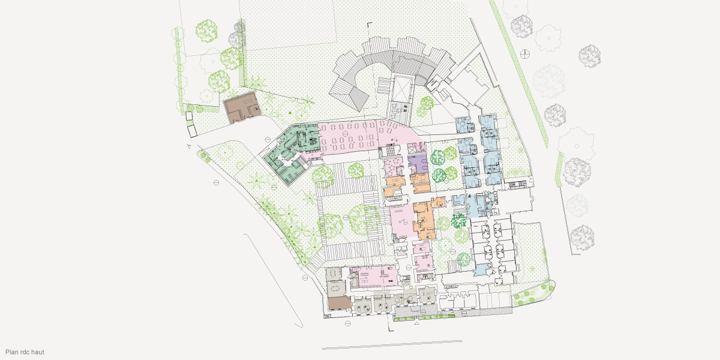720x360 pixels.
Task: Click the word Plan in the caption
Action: click(11, 352)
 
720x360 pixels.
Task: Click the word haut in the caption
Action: click(37, 352)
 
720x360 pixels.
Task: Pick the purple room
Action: click(417, 163)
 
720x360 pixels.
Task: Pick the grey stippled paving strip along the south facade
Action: click(420, 313)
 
